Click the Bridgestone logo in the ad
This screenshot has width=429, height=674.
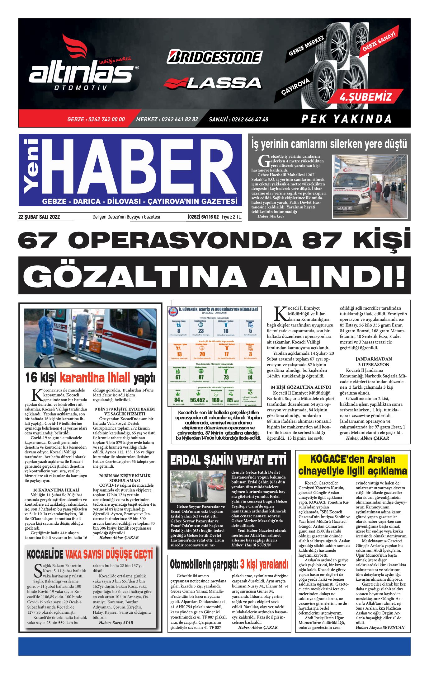coord(214,57)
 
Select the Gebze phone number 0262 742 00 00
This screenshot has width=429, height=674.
coord(96,119)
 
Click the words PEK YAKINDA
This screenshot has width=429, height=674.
coord(346,119)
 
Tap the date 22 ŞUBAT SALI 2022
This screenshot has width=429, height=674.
coord(39,217)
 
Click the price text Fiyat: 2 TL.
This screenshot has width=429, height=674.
coord(231,217)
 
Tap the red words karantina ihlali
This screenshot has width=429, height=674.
coord(95,378)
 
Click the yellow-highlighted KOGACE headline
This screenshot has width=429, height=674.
coord(353,465)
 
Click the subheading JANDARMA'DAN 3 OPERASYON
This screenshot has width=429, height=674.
coord(374,362)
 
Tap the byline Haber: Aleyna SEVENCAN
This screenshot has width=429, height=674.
coord(380,627)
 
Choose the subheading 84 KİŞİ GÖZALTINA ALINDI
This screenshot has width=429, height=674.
coord(300,387)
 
